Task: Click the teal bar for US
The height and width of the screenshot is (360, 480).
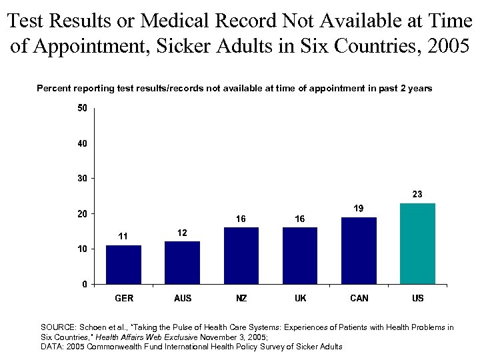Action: point(417,243)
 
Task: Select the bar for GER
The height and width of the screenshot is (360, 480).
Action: point(123,265)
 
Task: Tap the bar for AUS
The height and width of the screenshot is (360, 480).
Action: point(182,263)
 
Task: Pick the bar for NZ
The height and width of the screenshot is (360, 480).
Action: point(241,255)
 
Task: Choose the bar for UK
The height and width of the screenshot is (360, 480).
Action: point(300,255)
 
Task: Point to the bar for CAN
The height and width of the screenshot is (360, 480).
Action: point(359,251)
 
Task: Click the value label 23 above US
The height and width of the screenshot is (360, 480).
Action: point(417,195)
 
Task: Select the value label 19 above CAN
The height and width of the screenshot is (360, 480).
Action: point(359,209)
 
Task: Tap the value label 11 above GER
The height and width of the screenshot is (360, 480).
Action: point(123,237)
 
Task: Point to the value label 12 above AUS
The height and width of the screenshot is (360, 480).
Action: point(182,233)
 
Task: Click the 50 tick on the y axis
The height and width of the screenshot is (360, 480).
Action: point(82,108)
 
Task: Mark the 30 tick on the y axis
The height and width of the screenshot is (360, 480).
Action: point(82,179)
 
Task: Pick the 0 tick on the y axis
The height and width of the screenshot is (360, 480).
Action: point(85,284)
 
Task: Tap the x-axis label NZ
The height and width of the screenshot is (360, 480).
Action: point(241,298)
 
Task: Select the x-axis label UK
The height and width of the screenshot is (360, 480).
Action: point(300,298)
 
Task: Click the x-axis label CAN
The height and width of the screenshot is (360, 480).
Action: point(359,298)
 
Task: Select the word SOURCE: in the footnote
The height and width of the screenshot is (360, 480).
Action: point(59,327)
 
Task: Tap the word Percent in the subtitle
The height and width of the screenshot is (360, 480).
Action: point(53,88)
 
